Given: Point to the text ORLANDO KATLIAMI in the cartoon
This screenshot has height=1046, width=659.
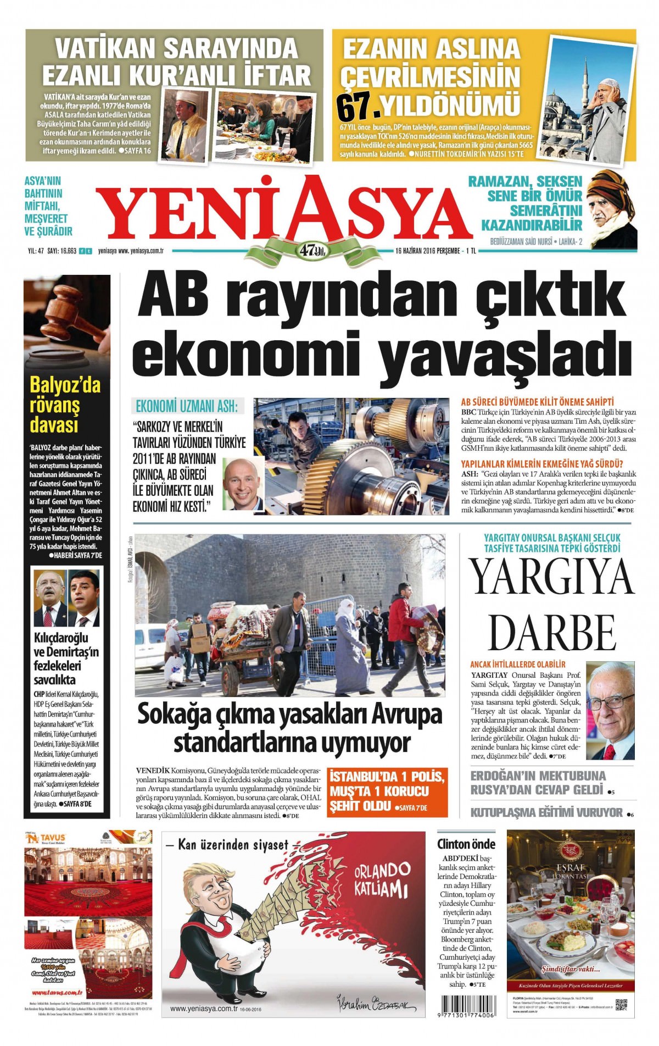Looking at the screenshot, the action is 381,878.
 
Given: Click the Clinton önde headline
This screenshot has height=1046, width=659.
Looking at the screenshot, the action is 466,844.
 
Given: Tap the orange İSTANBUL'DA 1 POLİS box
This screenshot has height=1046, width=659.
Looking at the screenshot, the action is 387,792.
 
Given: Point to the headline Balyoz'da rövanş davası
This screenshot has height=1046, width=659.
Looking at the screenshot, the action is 65,405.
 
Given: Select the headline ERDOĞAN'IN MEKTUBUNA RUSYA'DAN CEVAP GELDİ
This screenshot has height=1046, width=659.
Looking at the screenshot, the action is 538,783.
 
